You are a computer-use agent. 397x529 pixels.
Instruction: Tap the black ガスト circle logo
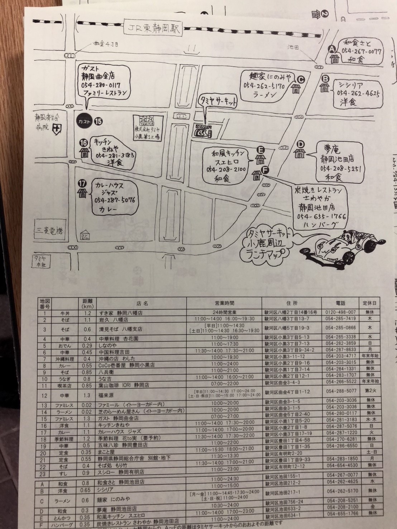85,121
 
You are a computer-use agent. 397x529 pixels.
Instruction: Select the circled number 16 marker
84,142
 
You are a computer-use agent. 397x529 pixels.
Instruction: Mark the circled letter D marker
301,144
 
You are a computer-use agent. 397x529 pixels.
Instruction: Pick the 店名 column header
142,303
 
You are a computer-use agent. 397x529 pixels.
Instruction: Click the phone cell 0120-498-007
340,312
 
